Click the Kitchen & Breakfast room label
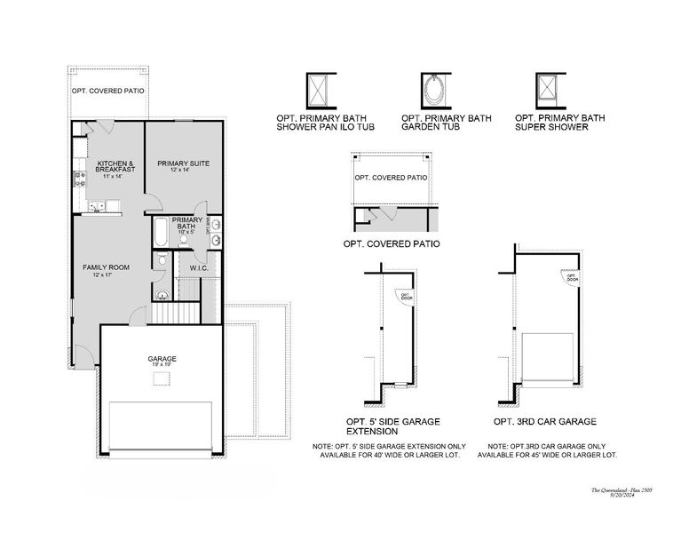(115, 166)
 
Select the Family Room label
(107, 268)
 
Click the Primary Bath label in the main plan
(187, 223)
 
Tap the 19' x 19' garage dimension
(162, 365)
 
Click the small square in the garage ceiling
(161, 379)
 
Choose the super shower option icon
(547, 89)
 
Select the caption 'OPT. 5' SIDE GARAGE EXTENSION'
(392, 426)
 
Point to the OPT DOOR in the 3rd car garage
(573, 277)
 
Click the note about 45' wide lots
(547, 450)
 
